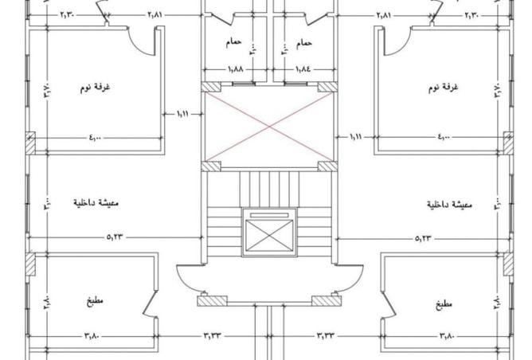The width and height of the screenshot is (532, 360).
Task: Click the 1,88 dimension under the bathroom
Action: [x=236, y=70]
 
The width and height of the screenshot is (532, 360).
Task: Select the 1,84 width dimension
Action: [x=303, y=70]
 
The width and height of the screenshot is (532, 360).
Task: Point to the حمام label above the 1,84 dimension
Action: [x=304, y=41]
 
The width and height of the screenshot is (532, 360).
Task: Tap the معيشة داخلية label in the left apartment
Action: [x=96, y=204]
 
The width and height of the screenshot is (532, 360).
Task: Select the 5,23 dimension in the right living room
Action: [x=425, y=238]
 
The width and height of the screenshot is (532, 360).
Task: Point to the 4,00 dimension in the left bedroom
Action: [x=95, y=138]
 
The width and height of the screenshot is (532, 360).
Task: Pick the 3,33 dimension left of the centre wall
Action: [x=213, y=336]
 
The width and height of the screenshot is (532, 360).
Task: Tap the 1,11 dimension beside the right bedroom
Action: [x=355, y=136]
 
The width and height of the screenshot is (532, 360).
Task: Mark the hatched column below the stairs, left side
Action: [x=210, y=301]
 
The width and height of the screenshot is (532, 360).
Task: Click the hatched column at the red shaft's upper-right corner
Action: [x=327, y=86]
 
